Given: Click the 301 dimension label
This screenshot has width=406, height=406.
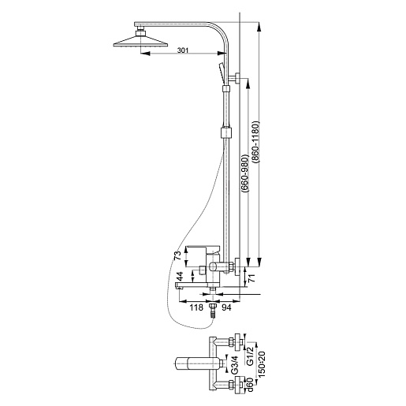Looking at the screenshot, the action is tap(183, 50).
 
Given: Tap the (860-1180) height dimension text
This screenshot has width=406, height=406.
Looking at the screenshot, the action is tap(255, 142).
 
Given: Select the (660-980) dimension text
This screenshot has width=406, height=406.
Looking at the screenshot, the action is tap(245, 173).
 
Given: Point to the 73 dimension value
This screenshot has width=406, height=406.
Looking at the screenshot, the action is tap(177, 255).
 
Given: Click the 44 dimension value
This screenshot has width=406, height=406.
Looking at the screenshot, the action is tap(179, 277).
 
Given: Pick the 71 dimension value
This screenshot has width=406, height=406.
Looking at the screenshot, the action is tap(251, 277).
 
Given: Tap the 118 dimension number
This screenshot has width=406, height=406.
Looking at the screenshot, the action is tap(196, 307).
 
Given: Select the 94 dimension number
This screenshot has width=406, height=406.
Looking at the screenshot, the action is tap(226, 307).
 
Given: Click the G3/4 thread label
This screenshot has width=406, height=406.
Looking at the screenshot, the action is tap(234, 364).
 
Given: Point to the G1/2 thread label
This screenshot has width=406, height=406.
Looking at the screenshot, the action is tap(250, 356).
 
